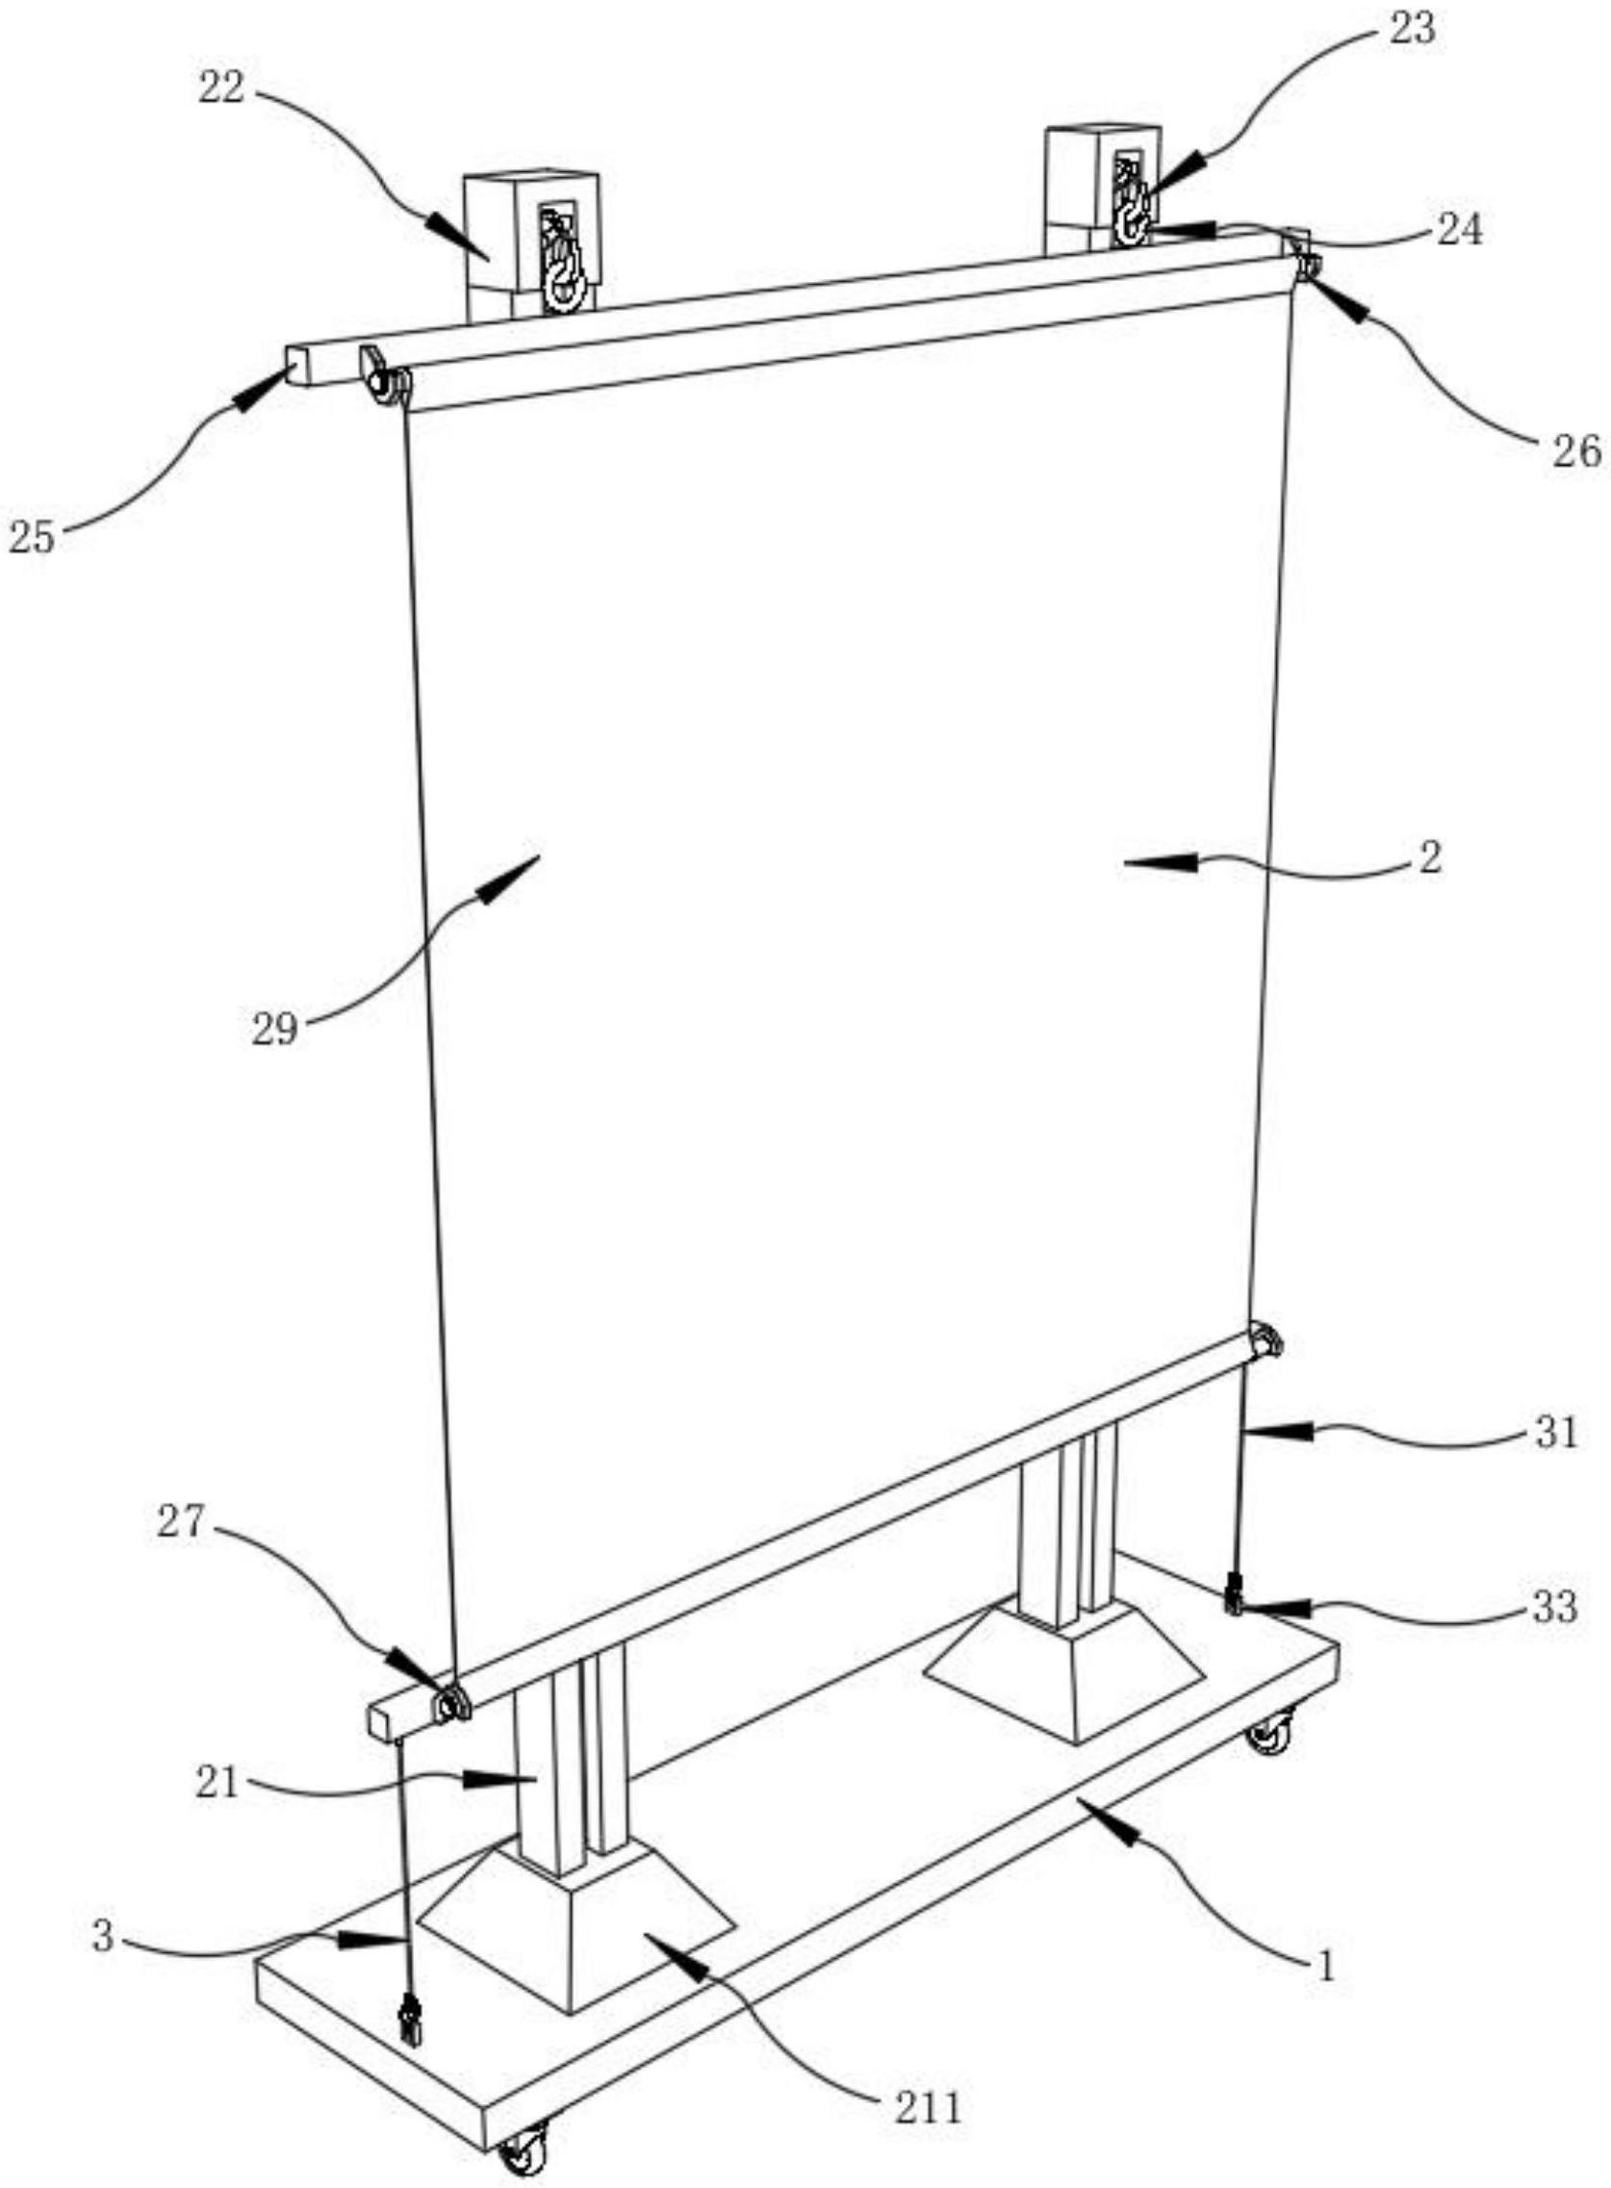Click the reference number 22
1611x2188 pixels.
coord(222,89)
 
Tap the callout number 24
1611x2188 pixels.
coord(1460,231)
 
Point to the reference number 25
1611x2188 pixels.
coord(31,537)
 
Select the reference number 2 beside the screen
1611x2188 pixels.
coord(1431,860)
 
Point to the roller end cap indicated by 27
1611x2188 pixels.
coord(451,1705)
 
